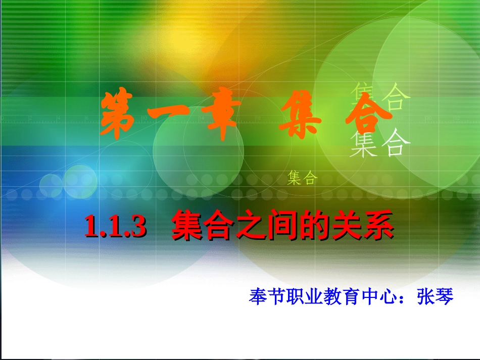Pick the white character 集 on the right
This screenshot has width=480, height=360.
tap(363, 143)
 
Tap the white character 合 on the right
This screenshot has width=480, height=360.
tap(396, 143)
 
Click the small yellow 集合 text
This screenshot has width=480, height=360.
tap(302, 178)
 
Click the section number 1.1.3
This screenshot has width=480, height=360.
tap(115, 227)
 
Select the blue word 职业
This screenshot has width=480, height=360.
tap(303, 296)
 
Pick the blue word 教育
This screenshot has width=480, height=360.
tap(340, 296)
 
